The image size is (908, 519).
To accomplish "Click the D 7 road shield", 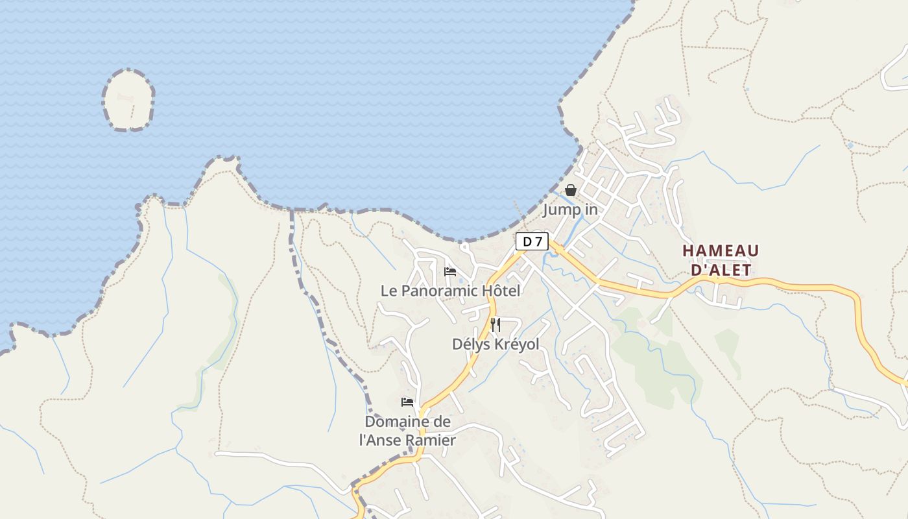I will (x=532, y=241).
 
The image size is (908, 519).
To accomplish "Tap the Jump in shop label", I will (x=570, y=210).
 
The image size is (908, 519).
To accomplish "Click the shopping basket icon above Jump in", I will (x=571, y=190).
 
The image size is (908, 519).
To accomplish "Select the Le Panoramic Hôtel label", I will (x=450, y=291).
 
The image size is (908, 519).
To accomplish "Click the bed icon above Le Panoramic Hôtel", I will (x=450, y=271).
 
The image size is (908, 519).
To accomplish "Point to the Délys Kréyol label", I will (x=496, y=344).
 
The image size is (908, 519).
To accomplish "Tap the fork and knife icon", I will (x=496, y=324).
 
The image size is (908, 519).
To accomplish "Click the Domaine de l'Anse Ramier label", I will (x=407, y=430).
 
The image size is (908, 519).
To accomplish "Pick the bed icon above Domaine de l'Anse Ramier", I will (x=407, y=402).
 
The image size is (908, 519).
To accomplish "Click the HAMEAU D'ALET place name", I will (x=721, y=260).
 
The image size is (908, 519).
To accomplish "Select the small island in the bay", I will (x=128, y=101).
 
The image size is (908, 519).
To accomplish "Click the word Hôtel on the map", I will (x=499, y=291).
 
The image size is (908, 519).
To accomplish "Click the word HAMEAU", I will (x=721, y=250).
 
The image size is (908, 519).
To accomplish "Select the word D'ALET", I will (x=721, y=270).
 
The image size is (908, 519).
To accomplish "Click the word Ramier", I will (x=431, y=440).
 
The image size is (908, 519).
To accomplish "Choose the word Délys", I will (x=472, y=344).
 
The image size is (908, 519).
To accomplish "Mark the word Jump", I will (x=558, y=210).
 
